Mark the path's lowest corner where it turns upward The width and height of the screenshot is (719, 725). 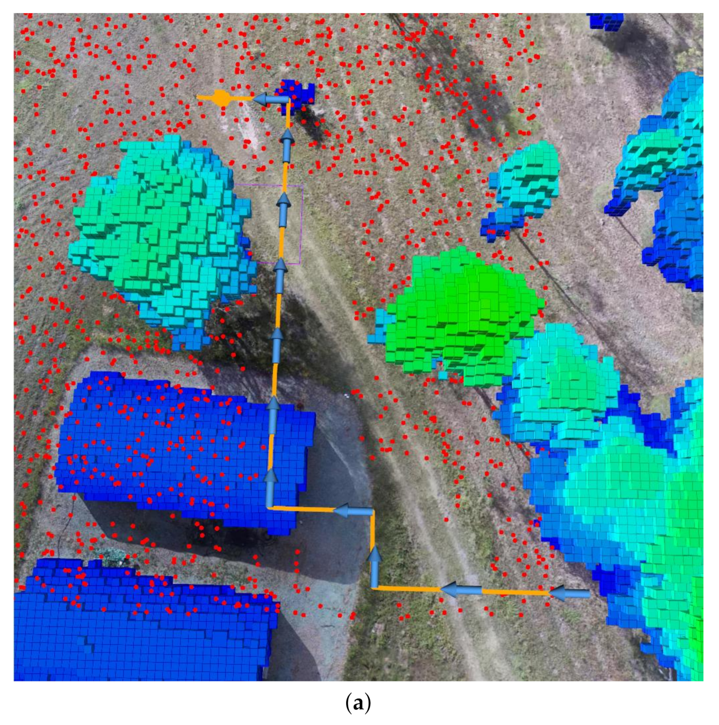click(374, 588)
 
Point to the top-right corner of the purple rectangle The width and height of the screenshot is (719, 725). click(303, 185)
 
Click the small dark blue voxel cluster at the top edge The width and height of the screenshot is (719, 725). click(605, 20)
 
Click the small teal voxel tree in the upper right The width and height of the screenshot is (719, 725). click(525, 183)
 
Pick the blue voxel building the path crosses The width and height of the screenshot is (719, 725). click(183, 449)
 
